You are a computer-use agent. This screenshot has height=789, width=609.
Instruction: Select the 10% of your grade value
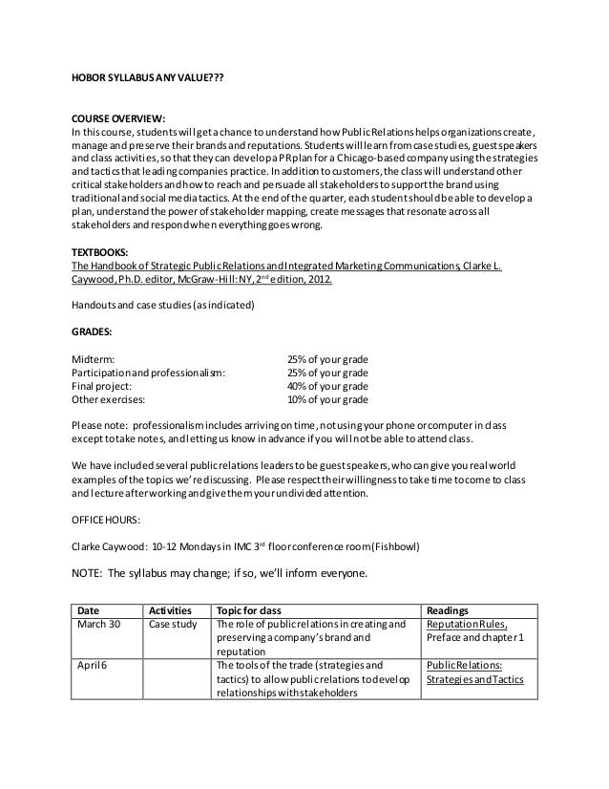(x=327, y=399)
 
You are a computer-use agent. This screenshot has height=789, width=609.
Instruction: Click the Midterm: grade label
(x=94, y=359)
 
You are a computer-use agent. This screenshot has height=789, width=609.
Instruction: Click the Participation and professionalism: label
(x=149, y=373)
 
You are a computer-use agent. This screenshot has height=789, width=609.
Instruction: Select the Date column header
(x=88, y=609)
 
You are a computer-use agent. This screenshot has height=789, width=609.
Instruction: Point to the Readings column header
(x=448, y=609)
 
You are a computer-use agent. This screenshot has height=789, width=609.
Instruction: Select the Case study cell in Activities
(x=173, y=624)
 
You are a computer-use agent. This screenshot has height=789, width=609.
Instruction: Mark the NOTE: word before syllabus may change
(x=88, y=575)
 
